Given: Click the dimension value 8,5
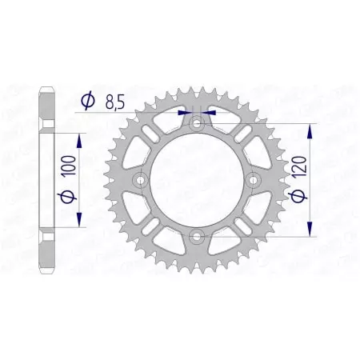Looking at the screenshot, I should click(115, 101).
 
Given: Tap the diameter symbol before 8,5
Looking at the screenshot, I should click(88, 101).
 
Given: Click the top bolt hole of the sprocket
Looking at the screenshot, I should click(196, 124).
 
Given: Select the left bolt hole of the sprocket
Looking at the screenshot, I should click(141, 180).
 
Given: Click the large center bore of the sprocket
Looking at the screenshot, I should click(196, 180).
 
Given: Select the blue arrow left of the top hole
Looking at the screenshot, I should click(183, 113).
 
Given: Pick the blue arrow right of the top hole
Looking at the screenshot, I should click(209, 113).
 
